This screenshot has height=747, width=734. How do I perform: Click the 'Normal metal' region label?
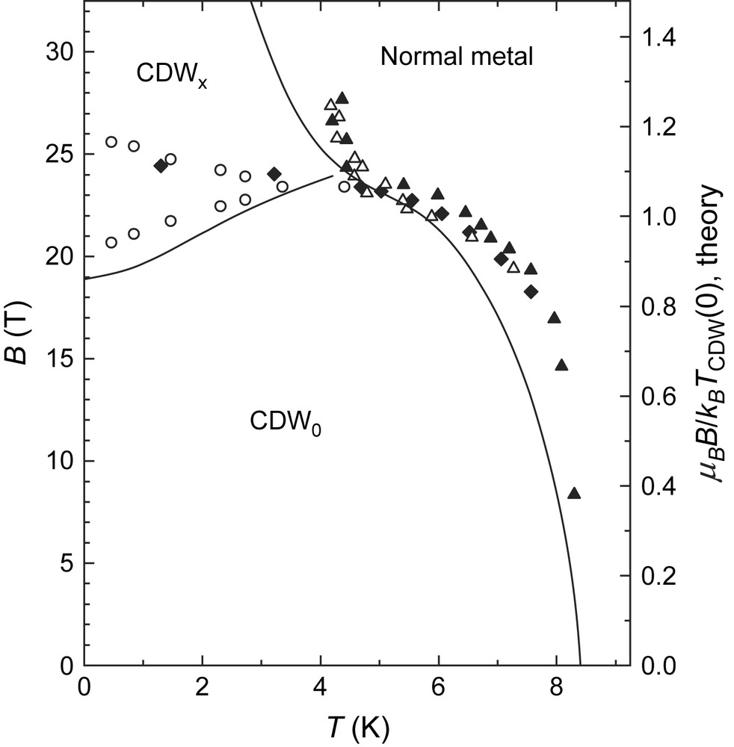(x=456, y=57)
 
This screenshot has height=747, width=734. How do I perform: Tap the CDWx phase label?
(x=170, y=75)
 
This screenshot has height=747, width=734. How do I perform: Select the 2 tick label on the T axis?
(x=202, y=686)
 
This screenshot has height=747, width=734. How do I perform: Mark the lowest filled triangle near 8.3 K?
(x=574, y=493)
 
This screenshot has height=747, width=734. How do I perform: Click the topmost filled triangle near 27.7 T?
(x=342, y=98)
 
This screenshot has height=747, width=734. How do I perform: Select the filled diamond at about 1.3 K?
(x=160, y=166)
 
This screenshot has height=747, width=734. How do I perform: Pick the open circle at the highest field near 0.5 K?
(x=111, y=142)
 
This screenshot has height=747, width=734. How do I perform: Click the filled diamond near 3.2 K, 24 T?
(x=274, y=174)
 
